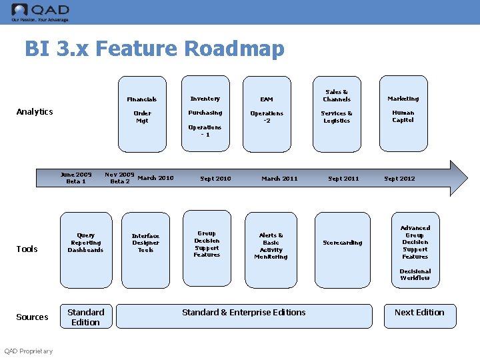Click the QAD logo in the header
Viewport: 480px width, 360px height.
pyautogui.click(x=40, y=11)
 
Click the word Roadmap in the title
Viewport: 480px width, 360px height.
pyautogui.click(x=234, y=49)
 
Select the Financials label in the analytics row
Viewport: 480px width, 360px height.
pyautogui.click(x=141, y=99)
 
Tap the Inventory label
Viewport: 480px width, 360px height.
pyautogui.click(x=205, y=99)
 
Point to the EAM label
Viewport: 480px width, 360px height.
pyautogui.click(x=267, y=99)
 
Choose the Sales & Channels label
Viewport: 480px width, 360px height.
pyautogui.click(x=337, y=95)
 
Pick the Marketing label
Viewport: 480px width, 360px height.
pyautogui.click(x=403, y=99)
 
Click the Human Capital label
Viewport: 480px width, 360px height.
pyautogui.click(x=403, y=117)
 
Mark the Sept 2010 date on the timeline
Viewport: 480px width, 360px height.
pyautogui.click(x=215, y=179)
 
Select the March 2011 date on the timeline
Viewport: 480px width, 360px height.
pyautogui.click(x=279, y=179)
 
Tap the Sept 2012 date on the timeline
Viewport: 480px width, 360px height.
pyautogui.click(x=399, y=179)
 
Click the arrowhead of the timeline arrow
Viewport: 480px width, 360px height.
pyautogui.click(x=459, y=178)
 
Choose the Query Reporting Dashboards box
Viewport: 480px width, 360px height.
pyautogui.click(x=85, y=243)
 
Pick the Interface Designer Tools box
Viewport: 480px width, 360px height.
pyautogui.click(x=145, y=243)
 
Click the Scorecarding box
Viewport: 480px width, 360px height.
pyautogui.click(x=342, y=243)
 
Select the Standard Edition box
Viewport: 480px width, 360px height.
pyautogui.click(x=85, y=317)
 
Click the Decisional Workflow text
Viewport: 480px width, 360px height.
pyautogui.click(x=415, y=275)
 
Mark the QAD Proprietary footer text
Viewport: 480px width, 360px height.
pyautogui.click(x=29, y=351)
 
